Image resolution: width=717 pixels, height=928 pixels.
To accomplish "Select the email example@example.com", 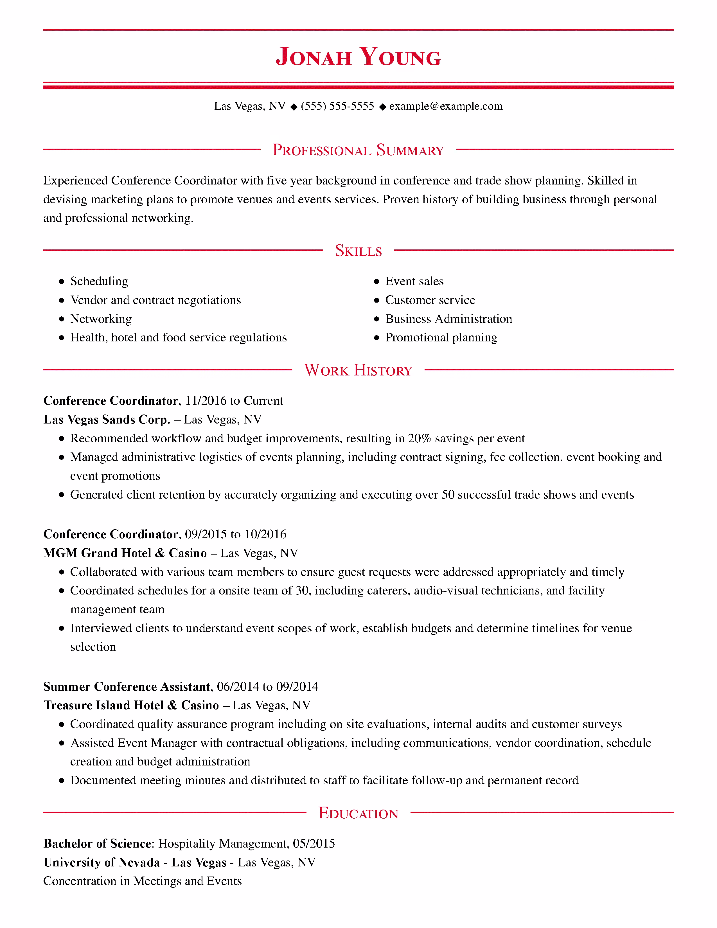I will tap(446, 106).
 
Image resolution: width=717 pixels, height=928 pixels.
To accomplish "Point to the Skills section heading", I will tap(358, 251).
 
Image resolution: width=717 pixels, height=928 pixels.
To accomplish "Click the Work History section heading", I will tap(358, 370).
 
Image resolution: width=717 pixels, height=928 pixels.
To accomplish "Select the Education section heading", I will tap(358, 813).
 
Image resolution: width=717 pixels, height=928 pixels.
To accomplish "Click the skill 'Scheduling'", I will tap(99, 281).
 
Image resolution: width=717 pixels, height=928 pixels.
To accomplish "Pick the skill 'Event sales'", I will tap(414, 281).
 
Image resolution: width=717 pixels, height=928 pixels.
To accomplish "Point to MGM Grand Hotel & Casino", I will tap(125, 553).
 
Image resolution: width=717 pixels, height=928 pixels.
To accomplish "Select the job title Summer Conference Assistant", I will tap(127, 687).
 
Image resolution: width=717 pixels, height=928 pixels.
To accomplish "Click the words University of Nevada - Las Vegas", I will tap(135, 862).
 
